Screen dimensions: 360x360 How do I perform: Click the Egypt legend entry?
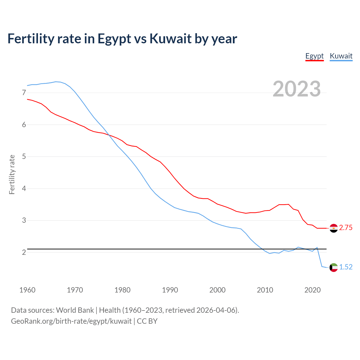pyautogui.click(x=314, y=56)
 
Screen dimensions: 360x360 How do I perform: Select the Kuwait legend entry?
pyautogui.click(x=341, y=56)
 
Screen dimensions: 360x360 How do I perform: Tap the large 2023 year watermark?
pyautogui.click(x=296, y=89)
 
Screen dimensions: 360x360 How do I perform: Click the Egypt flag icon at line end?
pyautogui.click(x=334, y=228)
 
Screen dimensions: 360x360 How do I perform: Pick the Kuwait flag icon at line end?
pyautogui.click(x=334, y=267)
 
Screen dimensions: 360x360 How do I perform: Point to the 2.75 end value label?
pyautogui.click(x=346, y=228)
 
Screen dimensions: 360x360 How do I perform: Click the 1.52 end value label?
pyautogui.click(x=346, y=267)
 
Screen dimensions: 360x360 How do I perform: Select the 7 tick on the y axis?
pyautogui.click(x=24, y=93)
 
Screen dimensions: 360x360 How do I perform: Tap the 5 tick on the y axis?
pyautogui.click(x=24, y=157)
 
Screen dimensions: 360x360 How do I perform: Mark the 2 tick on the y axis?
pyautogui.click(x=24, y=252)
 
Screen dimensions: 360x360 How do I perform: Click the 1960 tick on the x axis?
pyautogui.click(x=27, y=290)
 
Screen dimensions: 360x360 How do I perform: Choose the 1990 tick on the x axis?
pyautogui.click(x=170, y=290)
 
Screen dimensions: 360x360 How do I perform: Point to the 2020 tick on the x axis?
pyautogui.click(x=312, y=290)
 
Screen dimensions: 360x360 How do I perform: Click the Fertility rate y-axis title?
pyautogui.click(x=12, y=174)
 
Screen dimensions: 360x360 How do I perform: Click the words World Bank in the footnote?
pyautogui.click(x=75, y=310)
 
